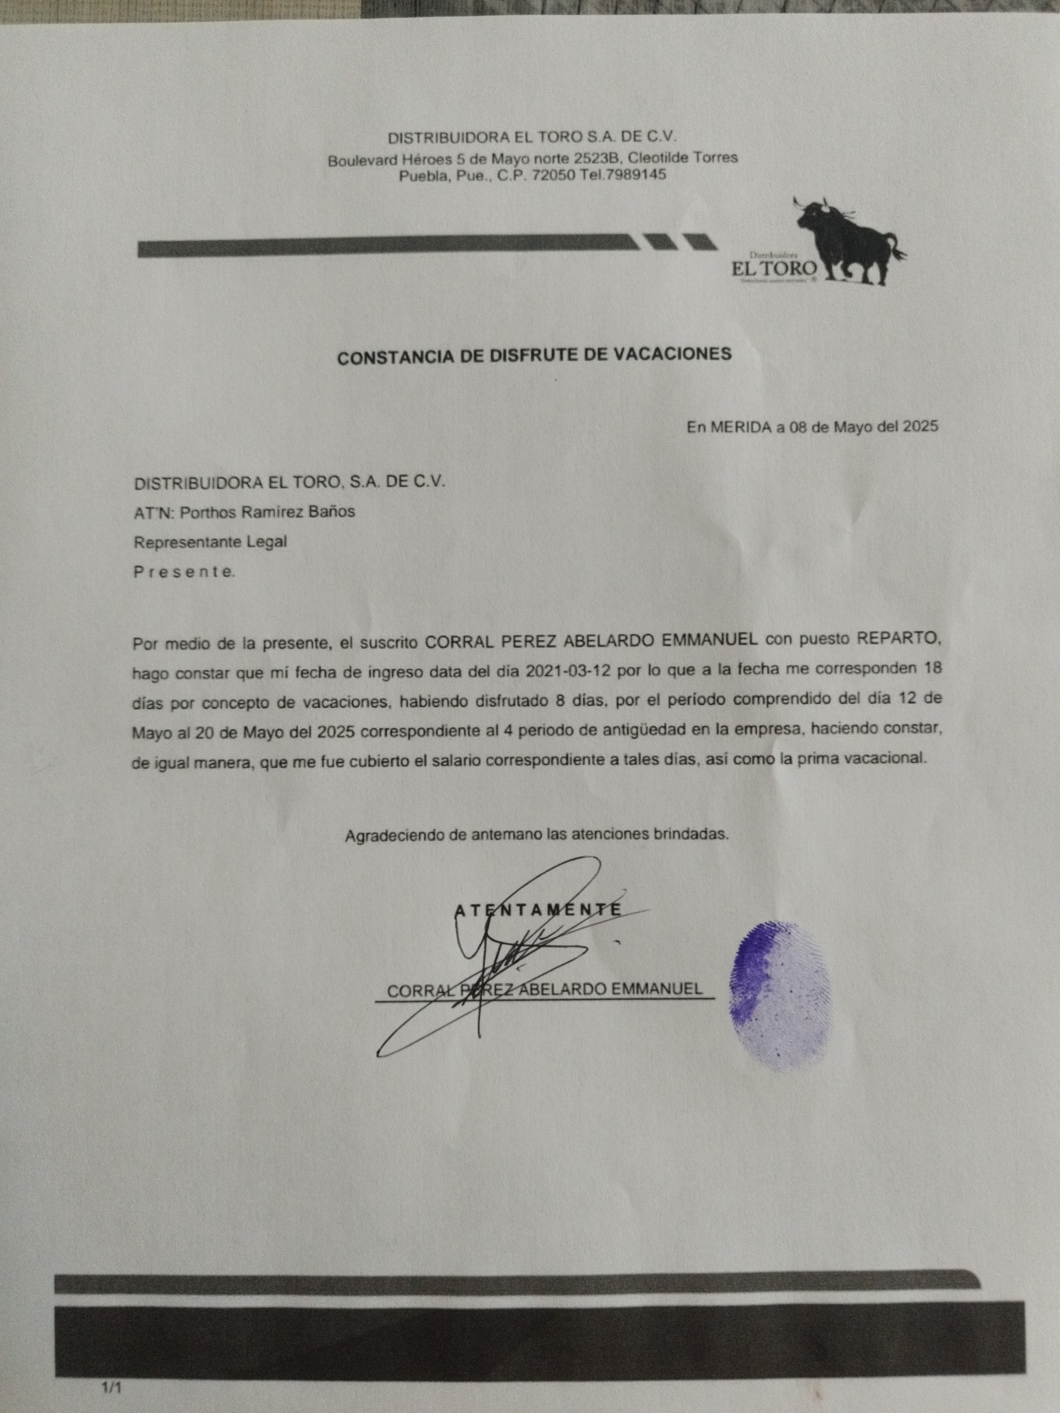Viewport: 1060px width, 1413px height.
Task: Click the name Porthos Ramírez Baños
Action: [x=268, y=512]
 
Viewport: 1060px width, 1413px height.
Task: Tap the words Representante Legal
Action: [x=210, y=542]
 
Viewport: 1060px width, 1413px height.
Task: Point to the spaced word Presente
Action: [x=184, y=572]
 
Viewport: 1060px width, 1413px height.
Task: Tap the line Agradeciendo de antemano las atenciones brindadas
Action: [x=537, y=834]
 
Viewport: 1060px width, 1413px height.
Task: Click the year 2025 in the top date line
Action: [x=920, y=427]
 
